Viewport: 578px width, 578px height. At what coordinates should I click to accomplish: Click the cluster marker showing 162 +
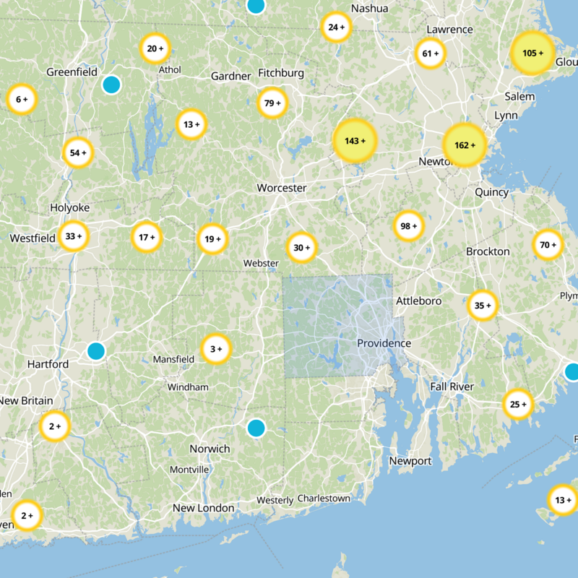coord(463,145)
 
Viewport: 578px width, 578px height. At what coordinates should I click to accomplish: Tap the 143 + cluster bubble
coord(355,141)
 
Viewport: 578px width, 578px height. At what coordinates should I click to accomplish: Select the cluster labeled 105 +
coord(532,53)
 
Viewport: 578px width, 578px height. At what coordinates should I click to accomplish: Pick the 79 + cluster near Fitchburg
coord(272,103)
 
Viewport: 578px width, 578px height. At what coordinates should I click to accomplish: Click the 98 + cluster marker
coord(409,226)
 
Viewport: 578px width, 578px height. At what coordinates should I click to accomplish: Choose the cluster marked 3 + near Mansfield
coord(216,349)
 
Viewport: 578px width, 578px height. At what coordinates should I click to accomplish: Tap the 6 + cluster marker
coord(22,100)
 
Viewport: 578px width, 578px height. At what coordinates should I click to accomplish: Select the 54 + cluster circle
coord(78,152)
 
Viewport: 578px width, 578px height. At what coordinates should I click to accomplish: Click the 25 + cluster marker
coord(518,404)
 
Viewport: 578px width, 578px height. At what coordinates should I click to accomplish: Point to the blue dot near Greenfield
coord(111,85)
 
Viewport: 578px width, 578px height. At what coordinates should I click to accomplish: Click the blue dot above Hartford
coord(95,351)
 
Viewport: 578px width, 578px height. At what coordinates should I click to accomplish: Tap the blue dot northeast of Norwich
coord(256,428)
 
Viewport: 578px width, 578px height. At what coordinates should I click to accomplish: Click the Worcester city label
coord(282,188)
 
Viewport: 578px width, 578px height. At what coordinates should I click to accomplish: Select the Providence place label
coord(384,343)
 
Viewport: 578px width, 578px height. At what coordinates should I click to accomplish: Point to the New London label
coord(203,508)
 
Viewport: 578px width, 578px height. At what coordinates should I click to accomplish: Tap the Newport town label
coord(410,461)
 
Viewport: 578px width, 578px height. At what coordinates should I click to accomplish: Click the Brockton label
coord(488,251)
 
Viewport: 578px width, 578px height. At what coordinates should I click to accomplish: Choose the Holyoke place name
coord(69,208)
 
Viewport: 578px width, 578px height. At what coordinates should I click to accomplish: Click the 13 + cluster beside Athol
coord(191,124)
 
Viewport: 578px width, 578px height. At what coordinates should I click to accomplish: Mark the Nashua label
coord(369,9)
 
